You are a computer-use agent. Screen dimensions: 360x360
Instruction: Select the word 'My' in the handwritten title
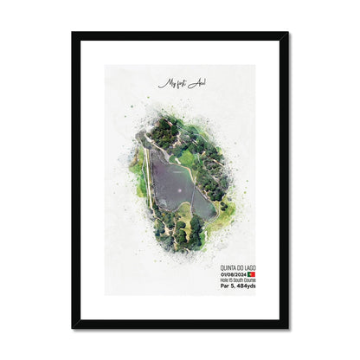click(x=164, y=84)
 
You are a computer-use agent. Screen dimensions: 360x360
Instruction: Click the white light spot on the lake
click(x=178, y=184)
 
